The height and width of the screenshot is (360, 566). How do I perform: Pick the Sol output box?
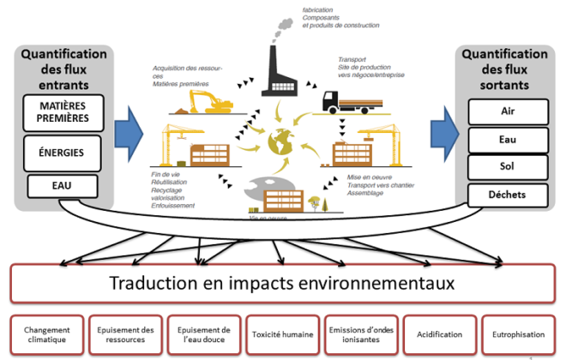[x=508, y=166]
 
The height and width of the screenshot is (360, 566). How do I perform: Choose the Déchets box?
[x=508, y=195]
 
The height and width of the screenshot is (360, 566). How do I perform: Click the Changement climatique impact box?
[x=47, y=333]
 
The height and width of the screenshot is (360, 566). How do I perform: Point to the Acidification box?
[x=440, y=333]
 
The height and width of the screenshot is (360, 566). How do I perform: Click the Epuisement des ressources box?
[x=125, y=333]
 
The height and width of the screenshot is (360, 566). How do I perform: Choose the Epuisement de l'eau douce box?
[x=203, y=333]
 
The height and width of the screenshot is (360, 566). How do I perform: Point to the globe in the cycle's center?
[x=280, y=141]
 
